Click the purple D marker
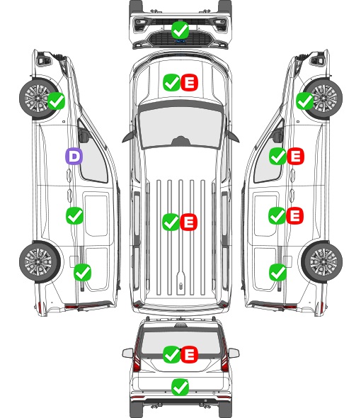point(74,156)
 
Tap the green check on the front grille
point(180,30)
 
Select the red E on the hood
point(190,83)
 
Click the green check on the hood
point(171,83)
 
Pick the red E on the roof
point(188,222)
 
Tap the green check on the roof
point(171,222)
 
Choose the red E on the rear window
point(190,354)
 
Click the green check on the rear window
point(171,354)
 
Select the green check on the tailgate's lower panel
point(180,387)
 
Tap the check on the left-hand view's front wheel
point(56,101)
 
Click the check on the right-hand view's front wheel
point(305,101)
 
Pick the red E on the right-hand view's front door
point(295,156)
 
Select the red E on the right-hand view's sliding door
point(295,215)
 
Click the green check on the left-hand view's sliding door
point(74,215)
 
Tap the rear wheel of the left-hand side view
point(40,262)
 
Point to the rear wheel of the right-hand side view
point(322,262)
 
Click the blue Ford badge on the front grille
point(180,41)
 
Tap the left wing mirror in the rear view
point(127,354)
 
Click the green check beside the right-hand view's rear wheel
point(277,272)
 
